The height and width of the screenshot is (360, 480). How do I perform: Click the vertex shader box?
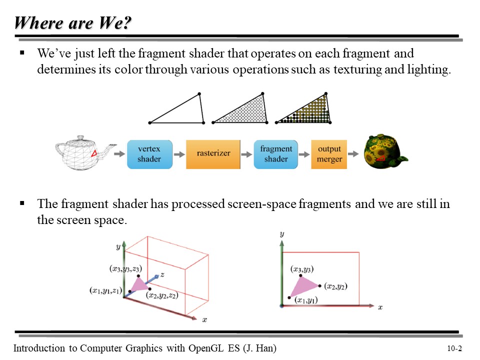tap(149, 154)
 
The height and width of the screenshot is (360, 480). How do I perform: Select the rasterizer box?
tap(213, 154)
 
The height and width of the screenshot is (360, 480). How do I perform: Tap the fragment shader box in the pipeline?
tap(276, 154)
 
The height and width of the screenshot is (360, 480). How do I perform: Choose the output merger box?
tap(329, 154)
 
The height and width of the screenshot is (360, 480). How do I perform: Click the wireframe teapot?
tap(84, 152)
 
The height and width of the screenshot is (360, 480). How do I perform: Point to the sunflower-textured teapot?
tap(384, 151)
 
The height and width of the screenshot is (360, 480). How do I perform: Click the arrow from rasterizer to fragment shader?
tap(246, 154)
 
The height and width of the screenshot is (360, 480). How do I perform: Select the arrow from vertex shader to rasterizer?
tap(179, 154)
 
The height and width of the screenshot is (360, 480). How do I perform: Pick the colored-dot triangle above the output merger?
tap(303, 108)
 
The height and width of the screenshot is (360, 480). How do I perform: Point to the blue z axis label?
tap(162, 274)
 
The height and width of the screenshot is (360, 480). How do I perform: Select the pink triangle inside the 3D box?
tap(139, 284)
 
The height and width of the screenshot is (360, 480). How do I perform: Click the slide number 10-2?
tap(454, 348)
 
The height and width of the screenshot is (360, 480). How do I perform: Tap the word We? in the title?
tap(115, 23)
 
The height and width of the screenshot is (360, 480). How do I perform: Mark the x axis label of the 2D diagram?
tap(380, 307)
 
